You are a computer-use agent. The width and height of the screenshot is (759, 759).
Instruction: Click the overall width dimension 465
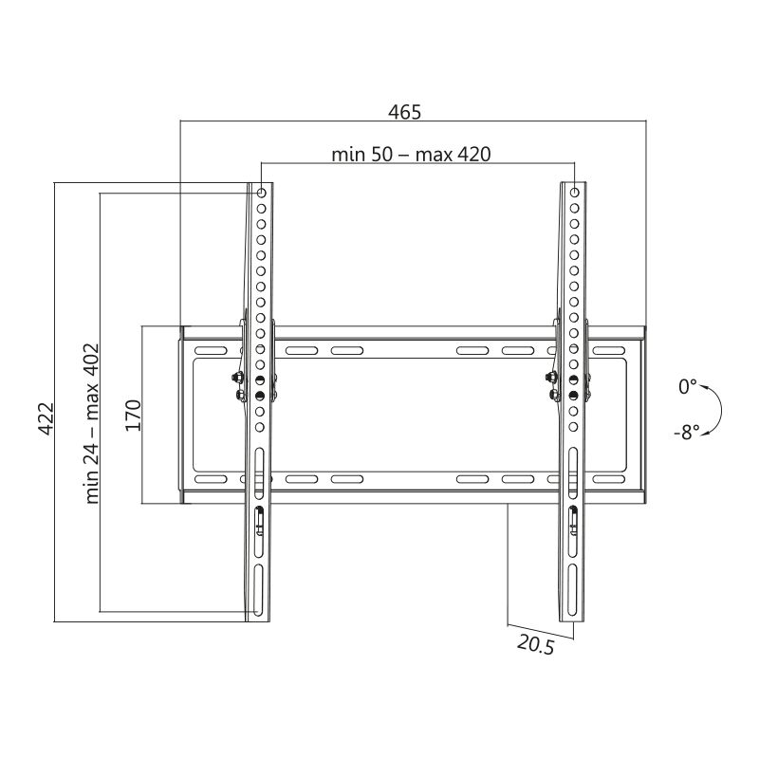404,111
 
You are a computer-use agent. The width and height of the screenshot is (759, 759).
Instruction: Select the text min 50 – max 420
411,154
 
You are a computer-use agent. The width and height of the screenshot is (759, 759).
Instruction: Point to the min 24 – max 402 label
92,423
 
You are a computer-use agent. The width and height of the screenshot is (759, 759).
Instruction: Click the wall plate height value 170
133,416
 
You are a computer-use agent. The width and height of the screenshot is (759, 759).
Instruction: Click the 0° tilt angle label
687,387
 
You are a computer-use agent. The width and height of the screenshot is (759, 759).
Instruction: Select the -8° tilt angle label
687,432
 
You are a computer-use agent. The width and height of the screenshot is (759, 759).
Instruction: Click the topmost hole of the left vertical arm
262,194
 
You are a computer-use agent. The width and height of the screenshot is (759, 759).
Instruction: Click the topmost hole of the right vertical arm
573,194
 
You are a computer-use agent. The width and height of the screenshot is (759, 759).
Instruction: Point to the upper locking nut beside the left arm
235,377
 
